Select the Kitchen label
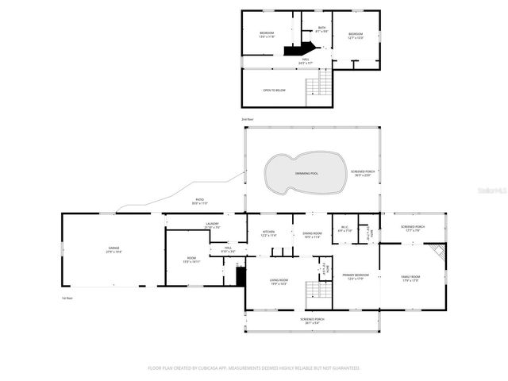click(x=268, y=233)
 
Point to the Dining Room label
click(x=312, y=233)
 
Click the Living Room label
click(x=279, y=280)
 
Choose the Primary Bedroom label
click(x=356, y=275)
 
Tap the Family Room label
click(x=410, y=277)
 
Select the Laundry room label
click(x=212, y=225)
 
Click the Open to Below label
click(x=274, y=90)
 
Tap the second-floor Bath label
click(x=321, y=29)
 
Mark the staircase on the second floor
click(x=322, y=81)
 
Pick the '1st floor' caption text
click(x=67, y=298)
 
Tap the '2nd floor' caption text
click(x=247, y=119)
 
